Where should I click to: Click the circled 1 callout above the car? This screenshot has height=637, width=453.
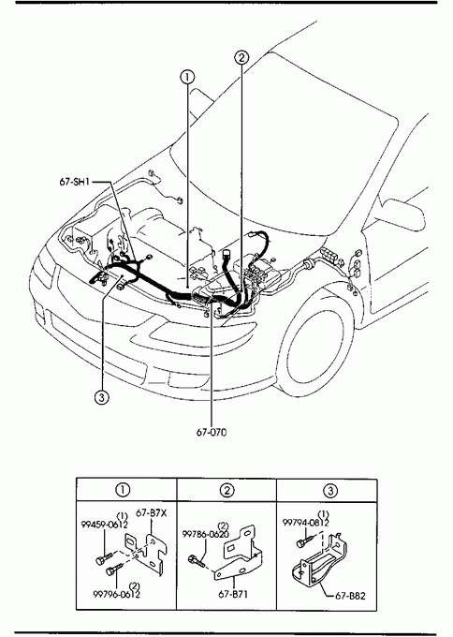[x=187, y=77]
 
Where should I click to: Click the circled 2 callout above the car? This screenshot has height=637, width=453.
[x=241, y=58]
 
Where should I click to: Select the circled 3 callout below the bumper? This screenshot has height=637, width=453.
[x=101, y=397]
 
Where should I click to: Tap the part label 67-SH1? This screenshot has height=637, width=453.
[x=74, y=182]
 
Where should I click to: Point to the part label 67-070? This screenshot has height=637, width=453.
[x=212, y=432]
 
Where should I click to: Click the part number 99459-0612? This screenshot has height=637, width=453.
[x=105, y=525]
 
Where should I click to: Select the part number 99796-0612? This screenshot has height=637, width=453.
[x=116, y=594]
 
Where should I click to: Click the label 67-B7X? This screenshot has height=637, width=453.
[x=151, y=513]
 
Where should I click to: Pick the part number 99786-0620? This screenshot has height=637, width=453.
[x=205, y=534]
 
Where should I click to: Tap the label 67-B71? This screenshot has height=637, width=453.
[x=233, y=594]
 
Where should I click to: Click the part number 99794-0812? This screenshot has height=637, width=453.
[x=306, y=523]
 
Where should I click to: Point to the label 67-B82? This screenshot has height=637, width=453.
[x=350, y=596]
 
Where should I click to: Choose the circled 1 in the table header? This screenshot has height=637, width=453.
[x=123, y=490]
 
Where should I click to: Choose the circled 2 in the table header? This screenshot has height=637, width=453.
[x=226, y=490]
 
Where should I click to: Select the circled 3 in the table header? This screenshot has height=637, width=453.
[x=330, y=491]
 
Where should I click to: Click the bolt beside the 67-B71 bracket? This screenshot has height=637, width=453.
[x=196, y=561]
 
